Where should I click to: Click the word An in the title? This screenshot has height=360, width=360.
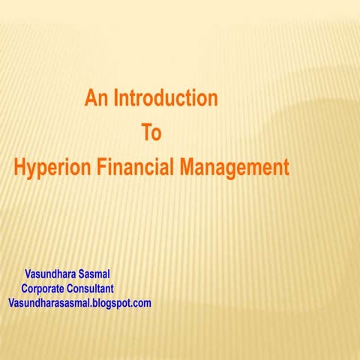[97, 98]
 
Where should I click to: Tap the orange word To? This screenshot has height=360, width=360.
[151, 133]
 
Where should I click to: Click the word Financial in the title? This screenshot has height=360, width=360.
[134, 167]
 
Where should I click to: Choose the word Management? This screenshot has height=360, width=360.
[233, 168]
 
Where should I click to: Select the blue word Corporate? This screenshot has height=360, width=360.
[46, 289]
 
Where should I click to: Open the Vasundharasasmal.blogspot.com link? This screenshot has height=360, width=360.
[79, 303]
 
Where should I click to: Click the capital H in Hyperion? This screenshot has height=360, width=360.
[20, 167]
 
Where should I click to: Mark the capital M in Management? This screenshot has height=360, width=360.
[187, 167]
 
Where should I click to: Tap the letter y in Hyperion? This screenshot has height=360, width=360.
[33, 170]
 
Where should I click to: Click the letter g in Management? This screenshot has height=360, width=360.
[237, 170]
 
